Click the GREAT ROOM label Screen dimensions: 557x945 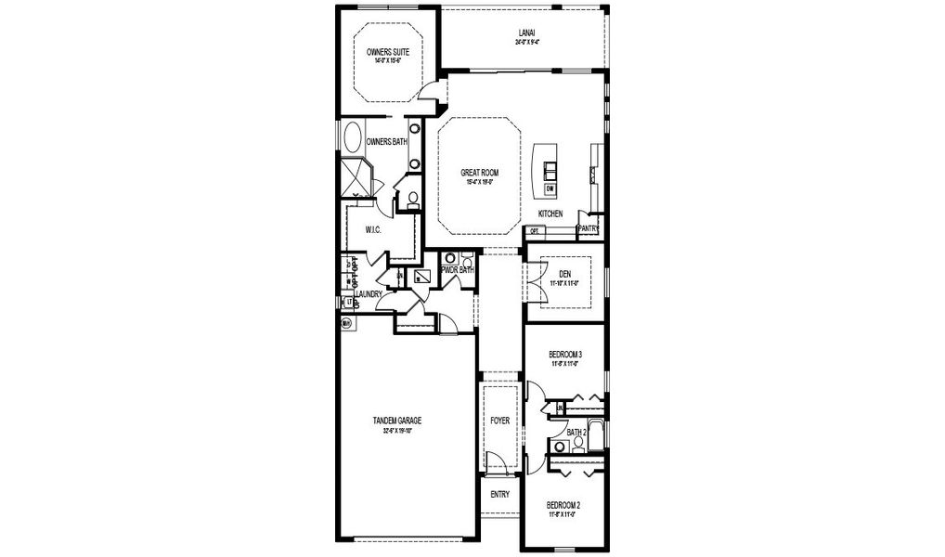[x=480, y=173]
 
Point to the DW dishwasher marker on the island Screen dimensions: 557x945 [x=550, y=189]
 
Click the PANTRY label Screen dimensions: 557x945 [x=589, y=227]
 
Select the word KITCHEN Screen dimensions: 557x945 [x=550, y=214]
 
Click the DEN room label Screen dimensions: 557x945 [x=564, y=273]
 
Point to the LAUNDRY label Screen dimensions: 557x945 [x=369, y=294]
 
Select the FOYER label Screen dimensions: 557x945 [x=500, y=421]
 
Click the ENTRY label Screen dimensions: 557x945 [x=499, y=494]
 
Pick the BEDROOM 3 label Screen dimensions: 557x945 [x=564, y=355]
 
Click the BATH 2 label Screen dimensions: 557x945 [x=576, y=432]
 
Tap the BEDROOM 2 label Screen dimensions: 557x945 [x=563, y=504]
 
